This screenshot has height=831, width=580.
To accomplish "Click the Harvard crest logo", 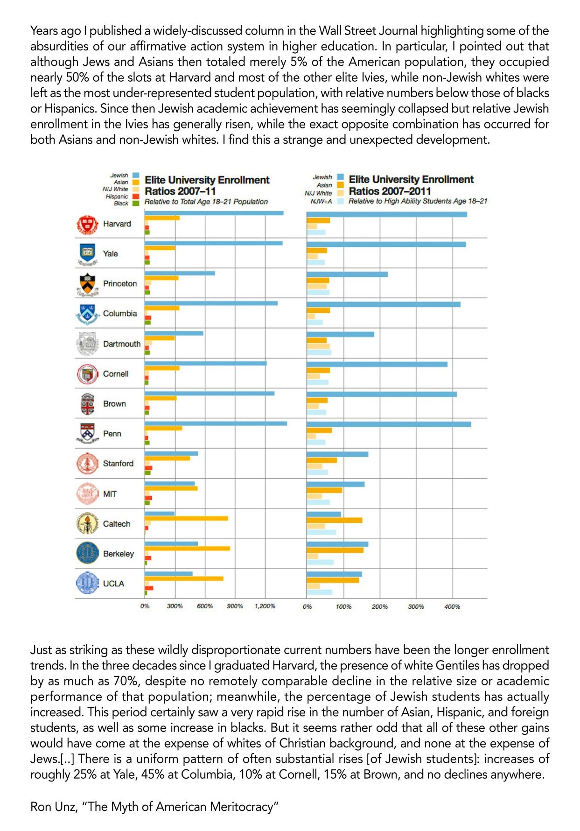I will tap(87, 225).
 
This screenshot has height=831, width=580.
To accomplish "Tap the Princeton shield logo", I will tap(87, 284).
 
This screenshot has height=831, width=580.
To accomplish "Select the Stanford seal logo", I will tap(87, 464).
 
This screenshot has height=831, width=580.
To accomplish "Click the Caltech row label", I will tap(117, 524).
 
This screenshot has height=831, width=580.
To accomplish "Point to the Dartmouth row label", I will tap(122, 344).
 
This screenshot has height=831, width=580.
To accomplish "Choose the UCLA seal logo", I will tap(87, 584).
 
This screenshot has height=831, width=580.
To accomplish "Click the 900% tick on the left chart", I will tap(235, 606).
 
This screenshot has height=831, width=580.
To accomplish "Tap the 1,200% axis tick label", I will tap(265, 606).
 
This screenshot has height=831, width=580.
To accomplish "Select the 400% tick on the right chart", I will tap(452, 606).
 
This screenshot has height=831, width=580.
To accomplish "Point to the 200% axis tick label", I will tap(379, 606).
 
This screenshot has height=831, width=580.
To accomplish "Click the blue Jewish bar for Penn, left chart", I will tap(216, 423).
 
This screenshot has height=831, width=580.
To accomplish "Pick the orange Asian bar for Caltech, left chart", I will tap(186, 518).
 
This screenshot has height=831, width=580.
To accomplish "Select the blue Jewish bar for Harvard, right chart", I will tap(386, 214).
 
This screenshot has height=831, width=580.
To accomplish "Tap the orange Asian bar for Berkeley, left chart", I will tap(187, 548).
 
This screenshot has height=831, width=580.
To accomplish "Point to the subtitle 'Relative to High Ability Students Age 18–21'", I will tap(418, 201).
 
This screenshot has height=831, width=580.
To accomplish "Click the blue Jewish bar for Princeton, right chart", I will tap(347, 274).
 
